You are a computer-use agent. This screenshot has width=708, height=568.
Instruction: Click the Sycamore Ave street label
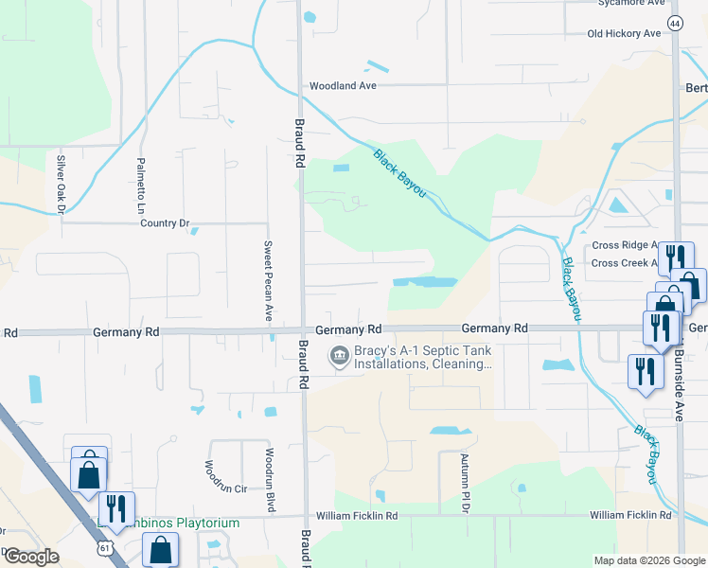point(629,3)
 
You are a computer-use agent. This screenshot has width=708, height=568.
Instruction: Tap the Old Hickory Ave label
point(624,33)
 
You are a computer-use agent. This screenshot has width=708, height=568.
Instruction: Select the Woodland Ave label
point(343,85)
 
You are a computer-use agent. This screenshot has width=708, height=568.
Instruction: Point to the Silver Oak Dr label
point(59,185)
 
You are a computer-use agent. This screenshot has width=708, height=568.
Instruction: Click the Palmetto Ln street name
point(140,186)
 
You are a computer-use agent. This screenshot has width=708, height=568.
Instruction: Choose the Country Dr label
point(165,223)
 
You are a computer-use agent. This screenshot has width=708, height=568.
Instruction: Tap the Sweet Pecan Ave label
point(268,280)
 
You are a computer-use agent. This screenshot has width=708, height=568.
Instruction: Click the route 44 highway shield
point(674,22)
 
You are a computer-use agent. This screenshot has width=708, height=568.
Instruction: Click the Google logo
point(30,557)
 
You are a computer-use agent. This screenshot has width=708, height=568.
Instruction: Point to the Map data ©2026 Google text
point(648,559)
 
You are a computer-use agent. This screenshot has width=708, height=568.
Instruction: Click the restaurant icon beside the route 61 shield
point(116,507)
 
